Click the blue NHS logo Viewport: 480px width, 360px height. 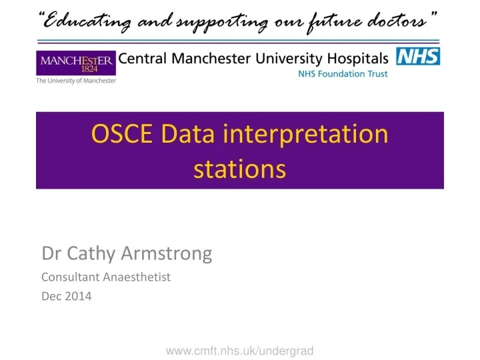coord(418,57)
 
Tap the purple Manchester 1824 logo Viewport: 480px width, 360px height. coord(76,63)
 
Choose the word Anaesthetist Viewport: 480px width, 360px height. coord(138,277)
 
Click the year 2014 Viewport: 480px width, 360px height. coord(79,297)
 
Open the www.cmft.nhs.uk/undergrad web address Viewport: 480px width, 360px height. coord(239,350)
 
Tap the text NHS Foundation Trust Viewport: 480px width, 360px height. coord(342,74)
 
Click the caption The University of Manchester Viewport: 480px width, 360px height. coord(76,81)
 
